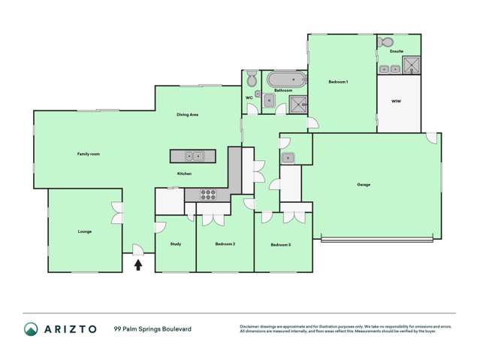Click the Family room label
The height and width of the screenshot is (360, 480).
point(89,154)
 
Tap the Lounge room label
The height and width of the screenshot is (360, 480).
point(85,231)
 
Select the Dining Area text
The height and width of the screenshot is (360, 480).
point(187,114)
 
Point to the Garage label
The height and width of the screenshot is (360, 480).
point(364,185)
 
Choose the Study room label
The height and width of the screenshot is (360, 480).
point(175,244)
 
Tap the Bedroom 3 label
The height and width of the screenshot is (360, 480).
point(281,245)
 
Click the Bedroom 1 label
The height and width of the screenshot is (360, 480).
point(338,81)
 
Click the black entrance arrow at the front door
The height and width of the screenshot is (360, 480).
point(138,264)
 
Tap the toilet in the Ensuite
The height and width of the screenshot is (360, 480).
point(387,42)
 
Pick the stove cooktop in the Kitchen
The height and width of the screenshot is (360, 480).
point(207,195)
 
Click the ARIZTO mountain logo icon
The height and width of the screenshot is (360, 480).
point(31,329)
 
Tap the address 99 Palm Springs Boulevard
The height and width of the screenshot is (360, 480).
point(152,329)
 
